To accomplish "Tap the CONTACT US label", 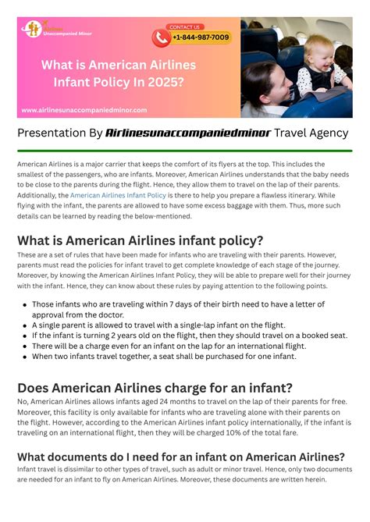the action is click(184, 27).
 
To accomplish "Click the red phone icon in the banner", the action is click(162, 37).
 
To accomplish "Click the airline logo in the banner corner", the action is click(34, 28).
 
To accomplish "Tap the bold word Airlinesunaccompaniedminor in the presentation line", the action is click(187, 133).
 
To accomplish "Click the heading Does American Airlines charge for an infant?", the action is click(155, 387).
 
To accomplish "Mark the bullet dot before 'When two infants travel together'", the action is click(25, 357).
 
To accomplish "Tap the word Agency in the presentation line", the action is click(328, 133).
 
